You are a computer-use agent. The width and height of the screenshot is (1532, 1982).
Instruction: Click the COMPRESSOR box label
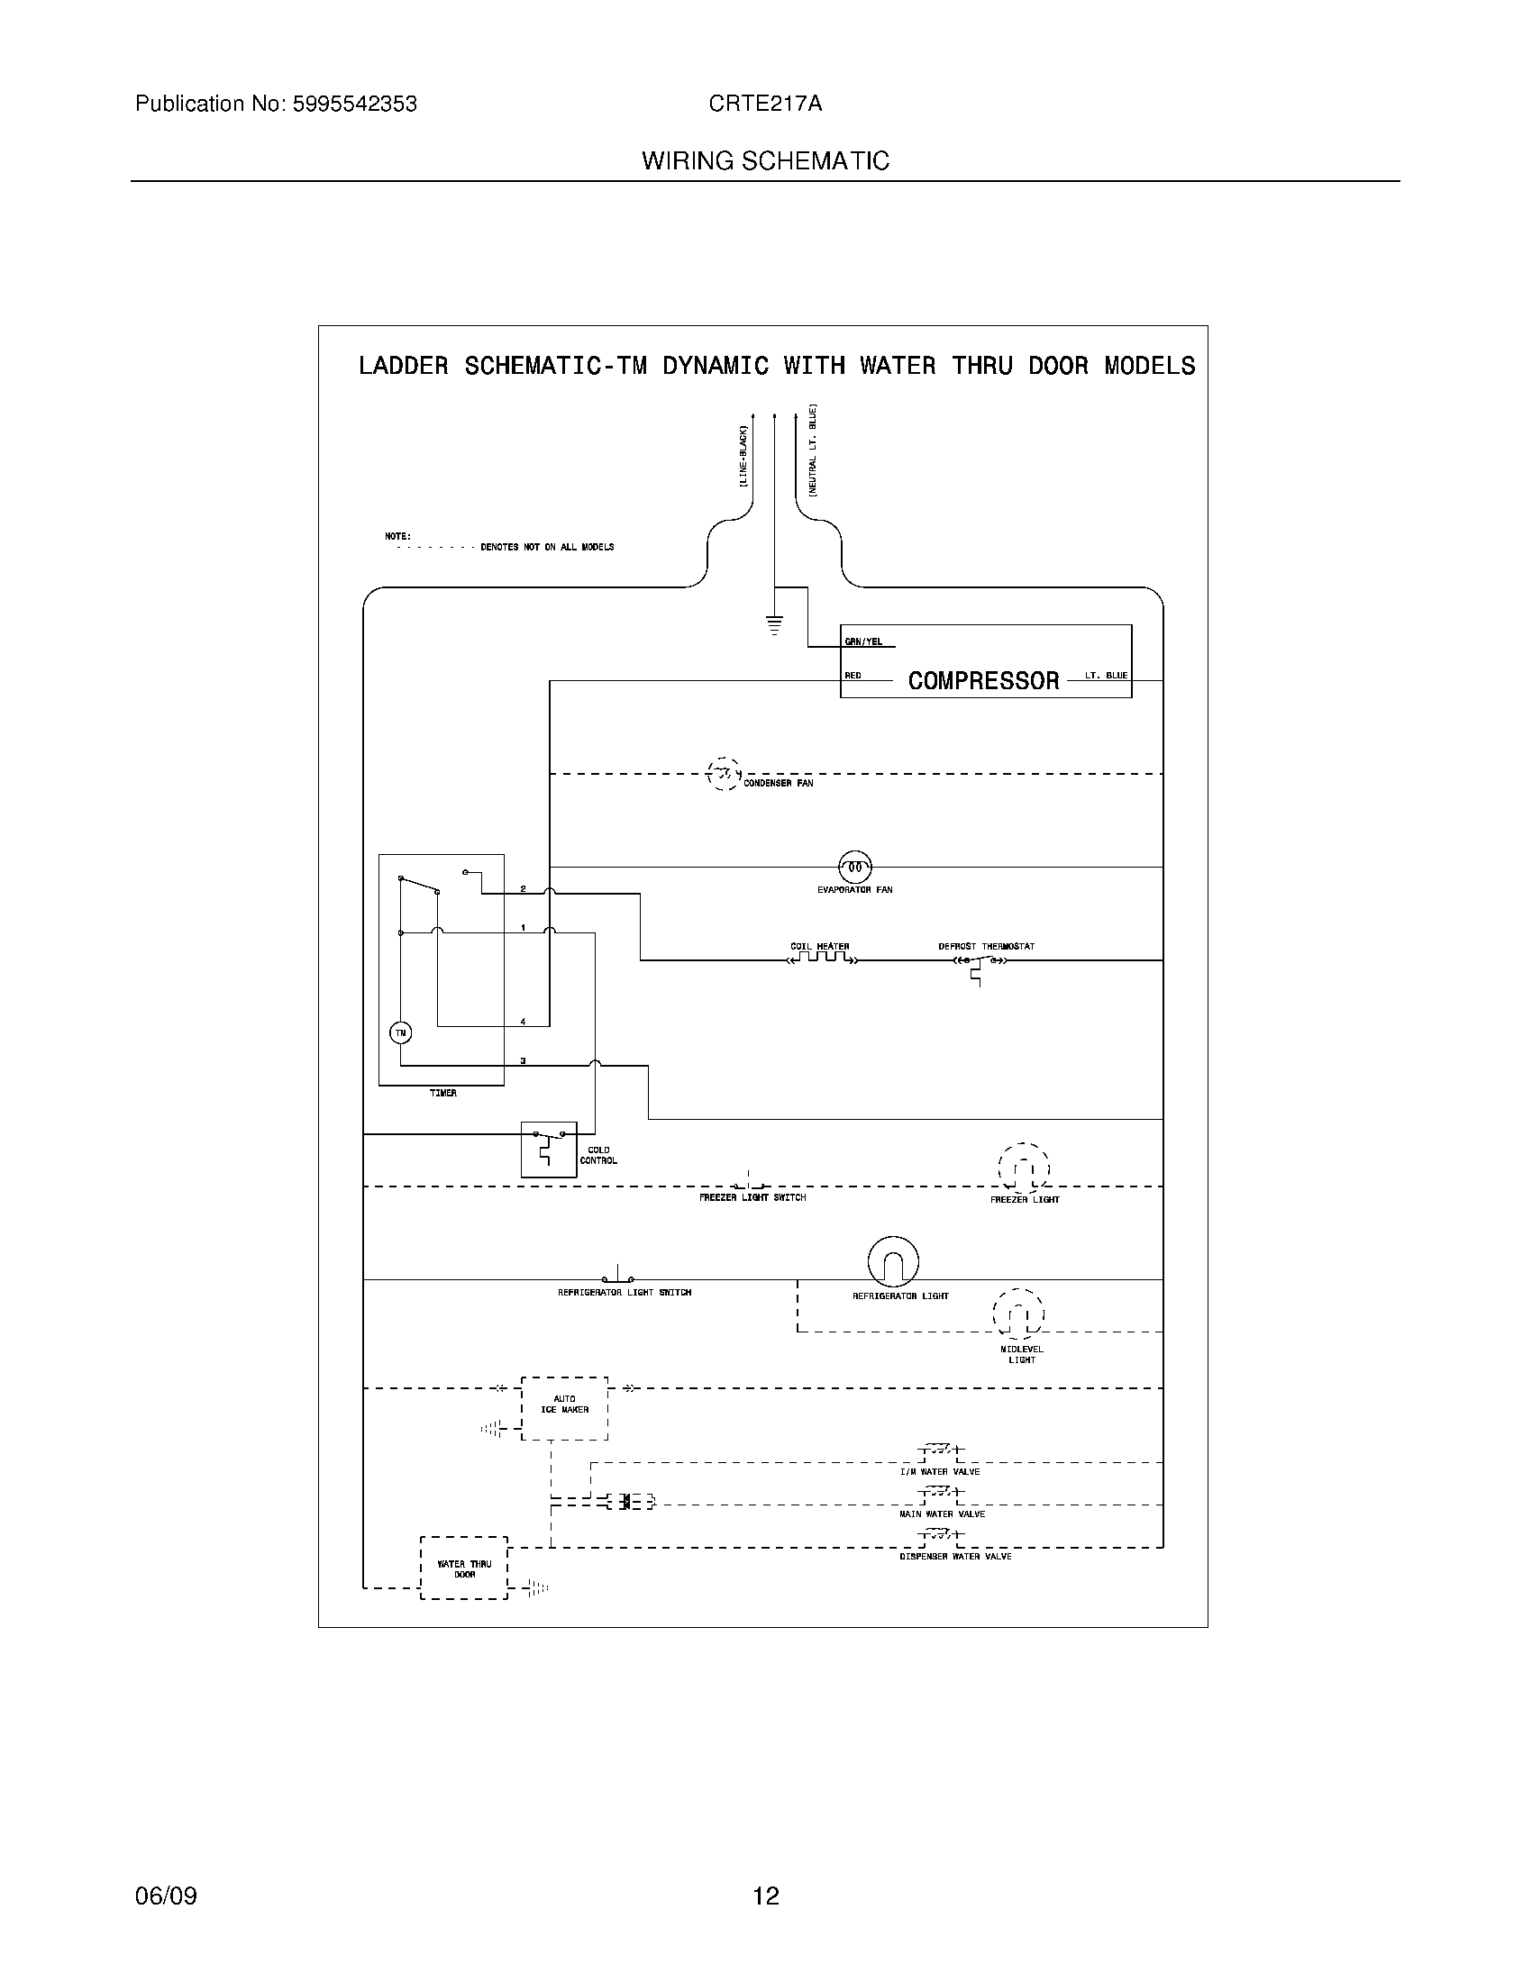pos(984,680)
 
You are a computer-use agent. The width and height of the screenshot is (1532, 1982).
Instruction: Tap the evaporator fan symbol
pos(854,868)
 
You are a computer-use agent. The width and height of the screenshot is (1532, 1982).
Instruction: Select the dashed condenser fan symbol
pos(723,774)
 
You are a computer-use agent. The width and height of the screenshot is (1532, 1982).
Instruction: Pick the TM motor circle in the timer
pos(400,1032)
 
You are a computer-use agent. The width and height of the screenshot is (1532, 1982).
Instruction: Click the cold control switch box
pos(548,1149)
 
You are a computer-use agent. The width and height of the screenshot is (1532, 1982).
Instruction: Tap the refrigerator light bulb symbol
pos(893,1261)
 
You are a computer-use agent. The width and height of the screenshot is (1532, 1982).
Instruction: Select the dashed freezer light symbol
pos(1024,1168)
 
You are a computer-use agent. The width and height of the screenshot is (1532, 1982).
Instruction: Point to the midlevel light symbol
pos(1019,1314)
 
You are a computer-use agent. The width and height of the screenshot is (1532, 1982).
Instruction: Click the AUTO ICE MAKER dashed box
pos(564,1407)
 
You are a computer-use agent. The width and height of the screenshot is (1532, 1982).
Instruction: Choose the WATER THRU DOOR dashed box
pos(464,1568)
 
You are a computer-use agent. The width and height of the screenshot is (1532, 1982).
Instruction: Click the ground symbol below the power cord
pos(774,624)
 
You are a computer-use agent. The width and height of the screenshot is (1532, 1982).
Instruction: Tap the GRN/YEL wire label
pos(863,641)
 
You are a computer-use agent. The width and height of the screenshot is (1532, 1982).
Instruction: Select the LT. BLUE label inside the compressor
pos(1106,675)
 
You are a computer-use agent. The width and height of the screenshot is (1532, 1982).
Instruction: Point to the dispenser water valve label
pos(954,1557)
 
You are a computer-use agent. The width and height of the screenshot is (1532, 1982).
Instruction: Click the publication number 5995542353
pos(353,104)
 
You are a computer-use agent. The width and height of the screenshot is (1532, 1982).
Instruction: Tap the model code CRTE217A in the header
pos(765,104)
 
